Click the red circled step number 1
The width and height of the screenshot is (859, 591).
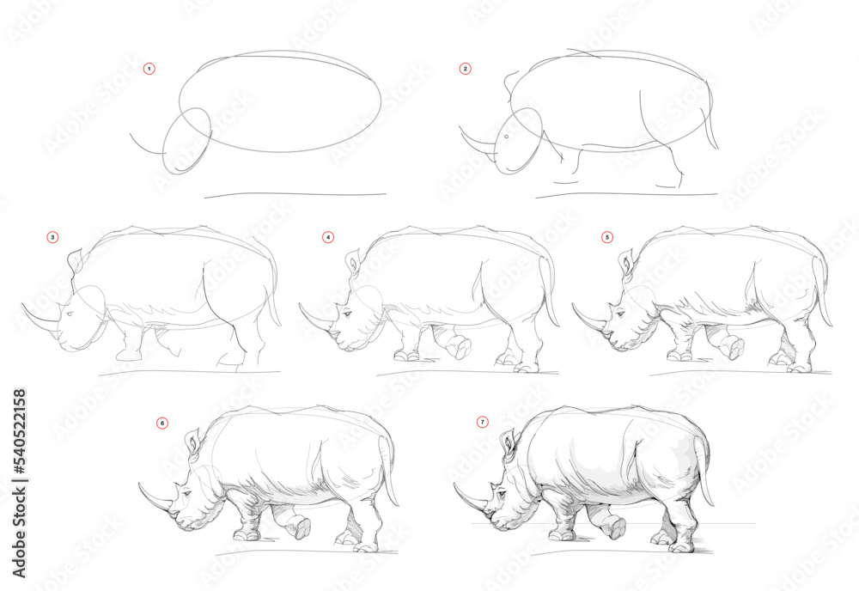[x=149, y=68]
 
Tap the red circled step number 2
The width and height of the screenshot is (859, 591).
[x=465, y=68]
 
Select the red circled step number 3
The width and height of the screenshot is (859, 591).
[x=52, y=236]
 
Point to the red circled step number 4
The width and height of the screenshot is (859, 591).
[x=327, y=236]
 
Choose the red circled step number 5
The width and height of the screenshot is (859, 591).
[x=607, y=236]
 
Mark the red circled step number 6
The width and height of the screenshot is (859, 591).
[x=162, y=423]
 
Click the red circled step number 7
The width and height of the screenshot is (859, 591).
[x=482, y=423]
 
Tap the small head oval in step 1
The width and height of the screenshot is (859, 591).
[x=186, y=141]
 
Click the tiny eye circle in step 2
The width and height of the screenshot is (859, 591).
[x=507, y=137]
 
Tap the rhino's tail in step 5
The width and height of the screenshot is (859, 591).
[x=824, y=296]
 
